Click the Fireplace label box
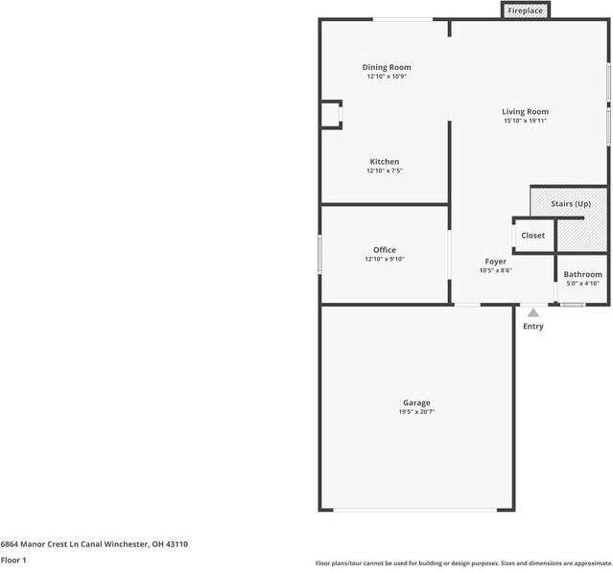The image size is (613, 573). click(x=525, y=11)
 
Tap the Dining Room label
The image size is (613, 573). click(x=387, y=67)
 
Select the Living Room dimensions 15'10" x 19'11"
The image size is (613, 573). click(x=525, y=121)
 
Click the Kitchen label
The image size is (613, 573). click(x=385, y=161)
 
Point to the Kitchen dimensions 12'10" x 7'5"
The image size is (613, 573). click(x=385, y=171)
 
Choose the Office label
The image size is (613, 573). click(x=385, y=250)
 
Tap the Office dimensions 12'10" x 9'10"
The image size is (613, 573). click(x=385, y=259)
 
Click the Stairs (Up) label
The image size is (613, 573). click(x=570, y=203)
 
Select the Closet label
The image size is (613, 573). click(x=532, y=235)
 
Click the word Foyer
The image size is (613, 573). click(x=495, y=262)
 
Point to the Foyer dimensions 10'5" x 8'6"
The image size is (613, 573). click(x=495, y=270)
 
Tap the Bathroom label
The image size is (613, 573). click(x=582, y=274)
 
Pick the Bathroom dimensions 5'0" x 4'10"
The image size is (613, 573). click(x=582, y=283)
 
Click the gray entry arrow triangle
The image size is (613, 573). click(x=532, y=312)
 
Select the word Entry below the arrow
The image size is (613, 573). click(x=532, y=327)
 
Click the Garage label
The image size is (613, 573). click(x=416, y=402)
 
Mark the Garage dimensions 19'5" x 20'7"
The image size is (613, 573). click(x=416, y=412)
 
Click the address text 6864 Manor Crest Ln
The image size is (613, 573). click(x=48, y=544)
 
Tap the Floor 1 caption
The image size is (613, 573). click(x=13, y=560)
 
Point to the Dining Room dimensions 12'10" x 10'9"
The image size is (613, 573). click(x=387, y=77)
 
